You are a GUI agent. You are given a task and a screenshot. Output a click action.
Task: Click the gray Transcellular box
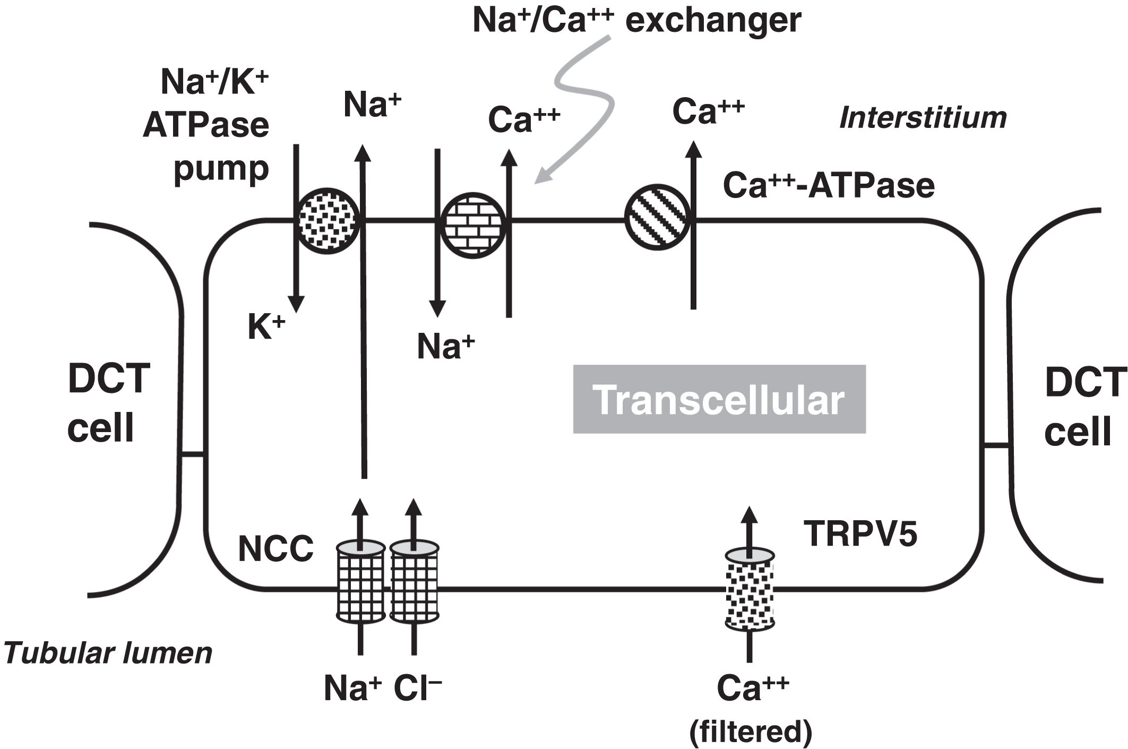pos(719,399)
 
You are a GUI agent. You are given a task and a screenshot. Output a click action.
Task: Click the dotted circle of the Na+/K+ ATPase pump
pos(328,221)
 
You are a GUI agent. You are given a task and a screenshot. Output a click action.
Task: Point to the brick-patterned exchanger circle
pos(473,225)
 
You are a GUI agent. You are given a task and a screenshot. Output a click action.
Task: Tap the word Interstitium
pos(923,118)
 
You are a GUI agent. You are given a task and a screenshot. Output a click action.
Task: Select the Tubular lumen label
pos(108,653)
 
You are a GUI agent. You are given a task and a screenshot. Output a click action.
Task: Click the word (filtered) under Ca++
pos(751,731)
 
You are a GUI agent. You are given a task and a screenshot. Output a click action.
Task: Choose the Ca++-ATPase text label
pos(828,186)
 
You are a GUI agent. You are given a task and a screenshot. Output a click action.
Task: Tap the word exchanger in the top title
pos(713,21)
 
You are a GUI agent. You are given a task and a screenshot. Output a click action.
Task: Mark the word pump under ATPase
pos(221,169)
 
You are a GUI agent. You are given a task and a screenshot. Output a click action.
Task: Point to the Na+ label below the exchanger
pos(445,347)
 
